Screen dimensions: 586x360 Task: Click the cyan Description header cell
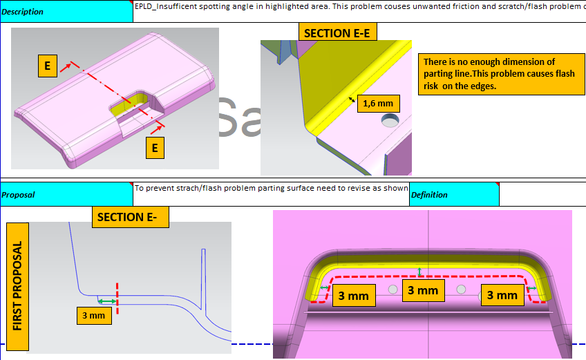click(66, 11)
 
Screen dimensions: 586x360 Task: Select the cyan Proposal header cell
click(66, 194)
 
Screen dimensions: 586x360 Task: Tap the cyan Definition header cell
click(454, 194)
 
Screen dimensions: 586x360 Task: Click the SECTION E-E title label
click(337, 32)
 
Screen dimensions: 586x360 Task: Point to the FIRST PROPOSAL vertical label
click(17, 286)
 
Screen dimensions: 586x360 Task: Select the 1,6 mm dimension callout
click(378, 104)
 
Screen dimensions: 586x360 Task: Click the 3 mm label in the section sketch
click(94, 316)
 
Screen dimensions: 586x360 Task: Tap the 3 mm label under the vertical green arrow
click(423, 290)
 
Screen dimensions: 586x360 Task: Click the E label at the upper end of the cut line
click(48, 66)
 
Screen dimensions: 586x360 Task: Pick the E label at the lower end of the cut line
click(155, 148)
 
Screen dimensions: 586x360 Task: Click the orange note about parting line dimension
click(501, 74)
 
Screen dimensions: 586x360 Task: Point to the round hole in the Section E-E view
click(390, 120)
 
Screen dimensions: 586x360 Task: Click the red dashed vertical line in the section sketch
click(117, 299)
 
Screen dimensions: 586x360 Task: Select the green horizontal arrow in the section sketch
click(107, 301)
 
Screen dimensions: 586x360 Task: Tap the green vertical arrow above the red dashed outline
click(419, 272)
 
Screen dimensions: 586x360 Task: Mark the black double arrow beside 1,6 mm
click(352, 100)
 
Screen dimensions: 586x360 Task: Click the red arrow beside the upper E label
click(66, 67)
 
